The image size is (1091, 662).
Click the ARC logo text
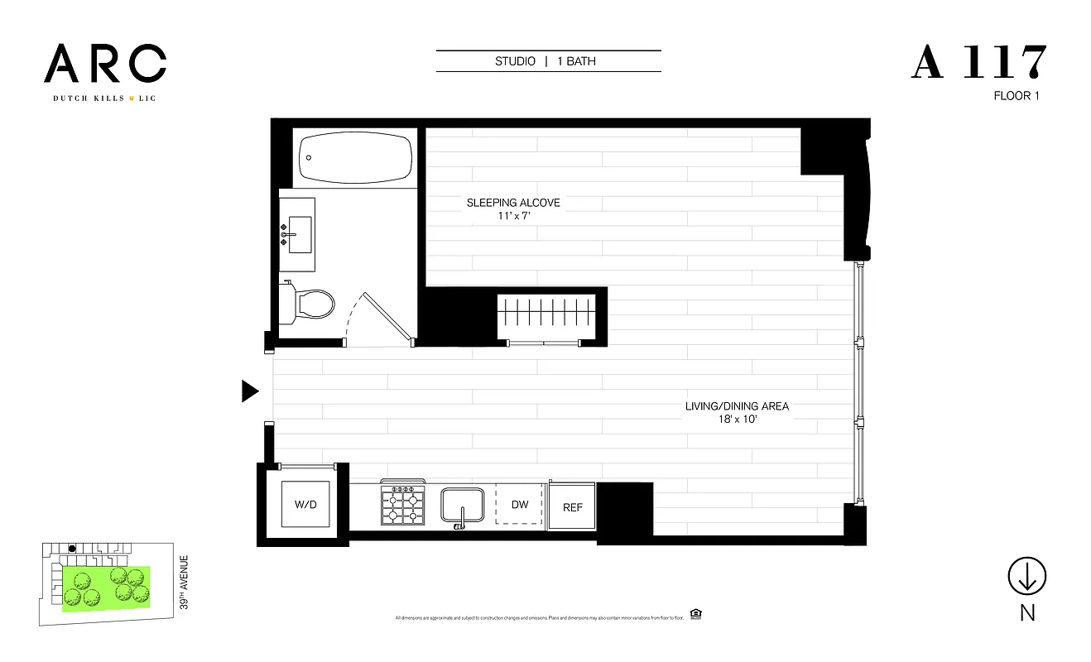[105, 64]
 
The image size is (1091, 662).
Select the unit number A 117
[979, 63]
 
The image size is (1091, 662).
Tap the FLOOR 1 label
[1016, 96]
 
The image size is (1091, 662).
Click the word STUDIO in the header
[515, 61]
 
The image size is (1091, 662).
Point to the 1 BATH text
[576, 61]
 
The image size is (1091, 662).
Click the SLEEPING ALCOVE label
[513, 203]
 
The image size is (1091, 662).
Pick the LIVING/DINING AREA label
[737, 406]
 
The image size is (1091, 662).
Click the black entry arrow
[250, 391]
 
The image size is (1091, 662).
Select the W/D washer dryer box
[305, 504]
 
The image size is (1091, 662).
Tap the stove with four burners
[402, 505]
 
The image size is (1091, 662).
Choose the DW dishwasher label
[519, 505]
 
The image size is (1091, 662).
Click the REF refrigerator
[572, 507]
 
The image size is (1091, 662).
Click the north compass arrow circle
[1026, 576]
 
